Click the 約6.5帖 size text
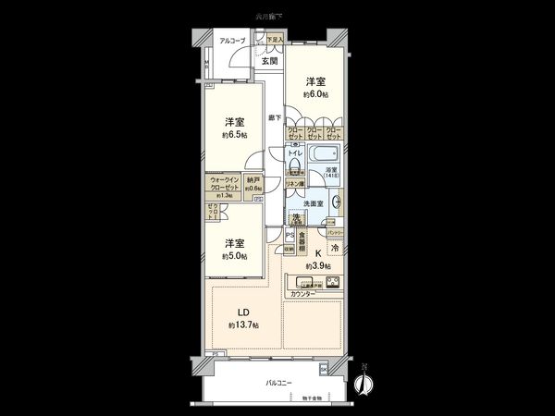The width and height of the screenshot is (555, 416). point(234,135)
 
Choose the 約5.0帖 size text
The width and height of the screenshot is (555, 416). point(234,256)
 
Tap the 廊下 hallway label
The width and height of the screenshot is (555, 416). point(275,118)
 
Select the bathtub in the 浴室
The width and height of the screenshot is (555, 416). point(324,153)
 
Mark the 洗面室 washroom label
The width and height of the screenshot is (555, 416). point(319,204)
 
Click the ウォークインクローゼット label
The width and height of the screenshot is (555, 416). point(225,183)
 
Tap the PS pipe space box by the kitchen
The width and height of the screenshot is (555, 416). point(290,235)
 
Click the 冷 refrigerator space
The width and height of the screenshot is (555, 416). point(335,248)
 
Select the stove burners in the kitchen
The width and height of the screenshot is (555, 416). point(331,282)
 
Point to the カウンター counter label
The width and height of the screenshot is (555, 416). point(302,294)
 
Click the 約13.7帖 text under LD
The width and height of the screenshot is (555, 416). point(243,325)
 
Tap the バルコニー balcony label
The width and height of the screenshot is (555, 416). point(278,381)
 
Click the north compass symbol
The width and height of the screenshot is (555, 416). point(364,383)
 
